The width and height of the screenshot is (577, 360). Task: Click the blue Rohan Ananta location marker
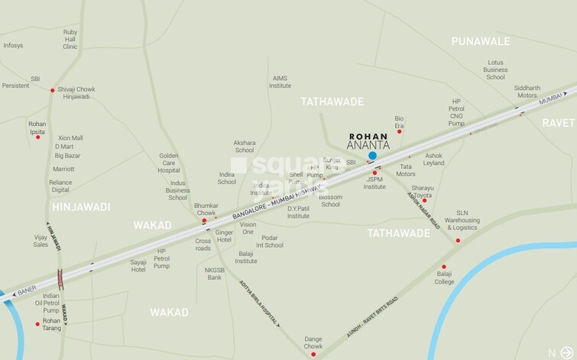click(372, 156)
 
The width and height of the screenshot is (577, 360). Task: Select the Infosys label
click(13, 46)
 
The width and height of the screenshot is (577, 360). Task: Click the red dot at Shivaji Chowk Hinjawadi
click(52, 90)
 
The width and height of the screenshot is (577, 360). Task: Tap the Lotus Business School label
click(495, 70)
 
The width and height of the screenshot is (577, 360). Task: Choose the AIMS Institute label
click(281, 82)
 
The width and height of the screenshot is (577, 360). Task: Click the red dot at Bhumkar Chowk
click(204, 221)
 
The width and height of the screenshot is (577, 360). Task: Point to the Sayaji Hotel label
click(138, 265)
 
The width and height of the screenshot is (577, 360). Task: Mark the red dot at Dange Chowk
click(313, 355)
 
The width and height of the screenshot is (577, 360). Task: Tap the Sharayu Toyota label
click(423, 191)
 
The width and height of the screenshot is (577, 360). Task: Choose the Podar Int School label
click(270, 241)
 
